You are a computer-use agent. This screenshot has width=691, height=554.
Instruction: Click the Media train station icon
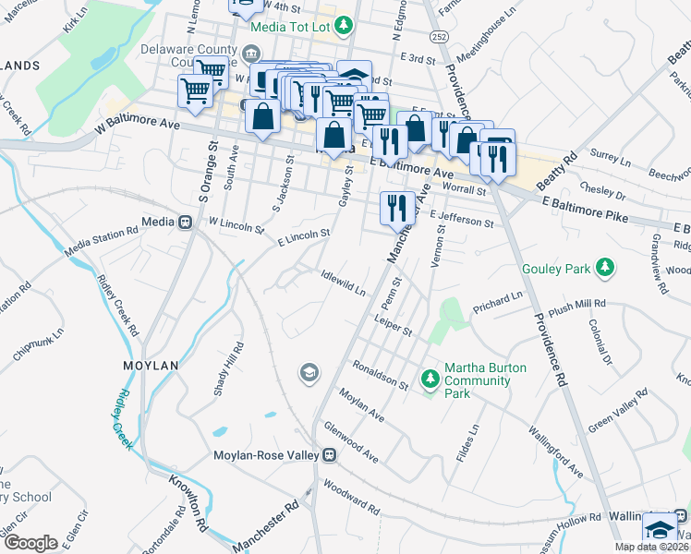coord(185,223)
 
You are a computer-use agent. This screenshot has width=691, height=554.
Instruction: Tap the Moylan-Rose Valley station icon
coord(328,455)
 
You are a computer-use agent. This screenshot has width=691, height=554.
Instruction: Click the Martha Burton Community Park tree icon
coord(430,378)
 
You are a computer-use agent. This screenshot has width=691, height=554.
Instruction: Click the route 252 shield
coord(438,35)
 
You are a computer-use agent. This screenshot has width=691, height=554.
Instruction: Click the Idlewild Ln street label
coord(343,281)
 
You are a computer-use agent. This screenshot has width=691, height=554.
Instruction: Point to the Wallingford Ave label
coord(554,452)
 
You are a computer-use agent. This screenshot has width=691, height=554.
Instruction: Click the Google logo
coord(30,542)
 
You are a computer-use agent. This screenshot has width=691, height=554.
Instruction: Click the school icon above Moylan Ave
coord(309,373)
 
